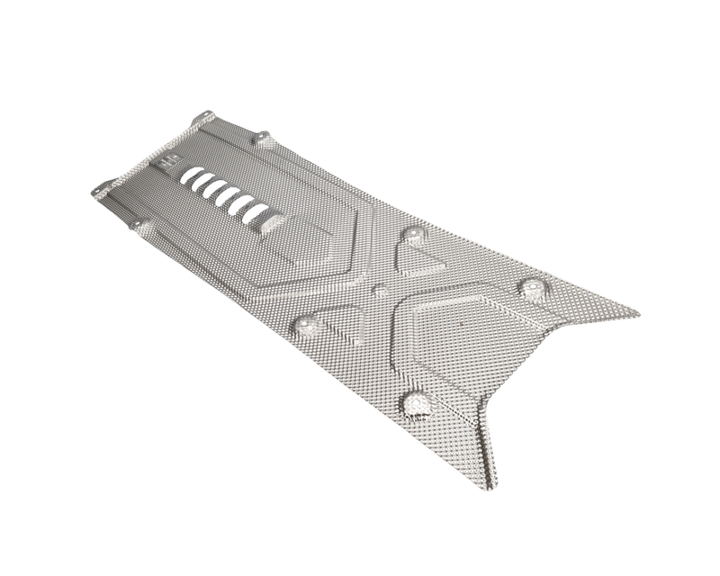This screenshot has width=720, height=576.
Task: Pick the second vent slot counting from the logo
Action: click(x=203, y=182)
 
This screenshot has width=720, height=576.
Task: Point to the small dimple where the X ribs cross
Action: click(x=381, y=291)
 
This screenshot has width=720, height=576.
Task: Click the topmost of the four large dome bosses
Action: click(x=414, y=235)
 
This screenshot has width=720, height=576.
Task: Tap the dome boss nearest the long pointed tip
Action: click(x=534, y=288)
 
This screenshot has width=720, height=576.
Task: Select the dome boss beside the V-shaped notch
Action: click(x=416, y=402)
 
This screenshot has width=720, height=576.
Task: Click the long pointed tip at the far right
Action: click(x=635, y=314)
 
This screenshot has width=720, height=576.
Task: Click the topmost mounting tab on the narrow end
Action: click(x=202, y=118)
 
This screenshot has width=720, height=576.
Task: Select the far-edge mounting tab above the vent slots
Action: click(x=261, y=138)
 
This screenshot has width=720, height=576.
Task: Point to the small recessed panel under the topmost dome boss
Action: click(x=418, y=261)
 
